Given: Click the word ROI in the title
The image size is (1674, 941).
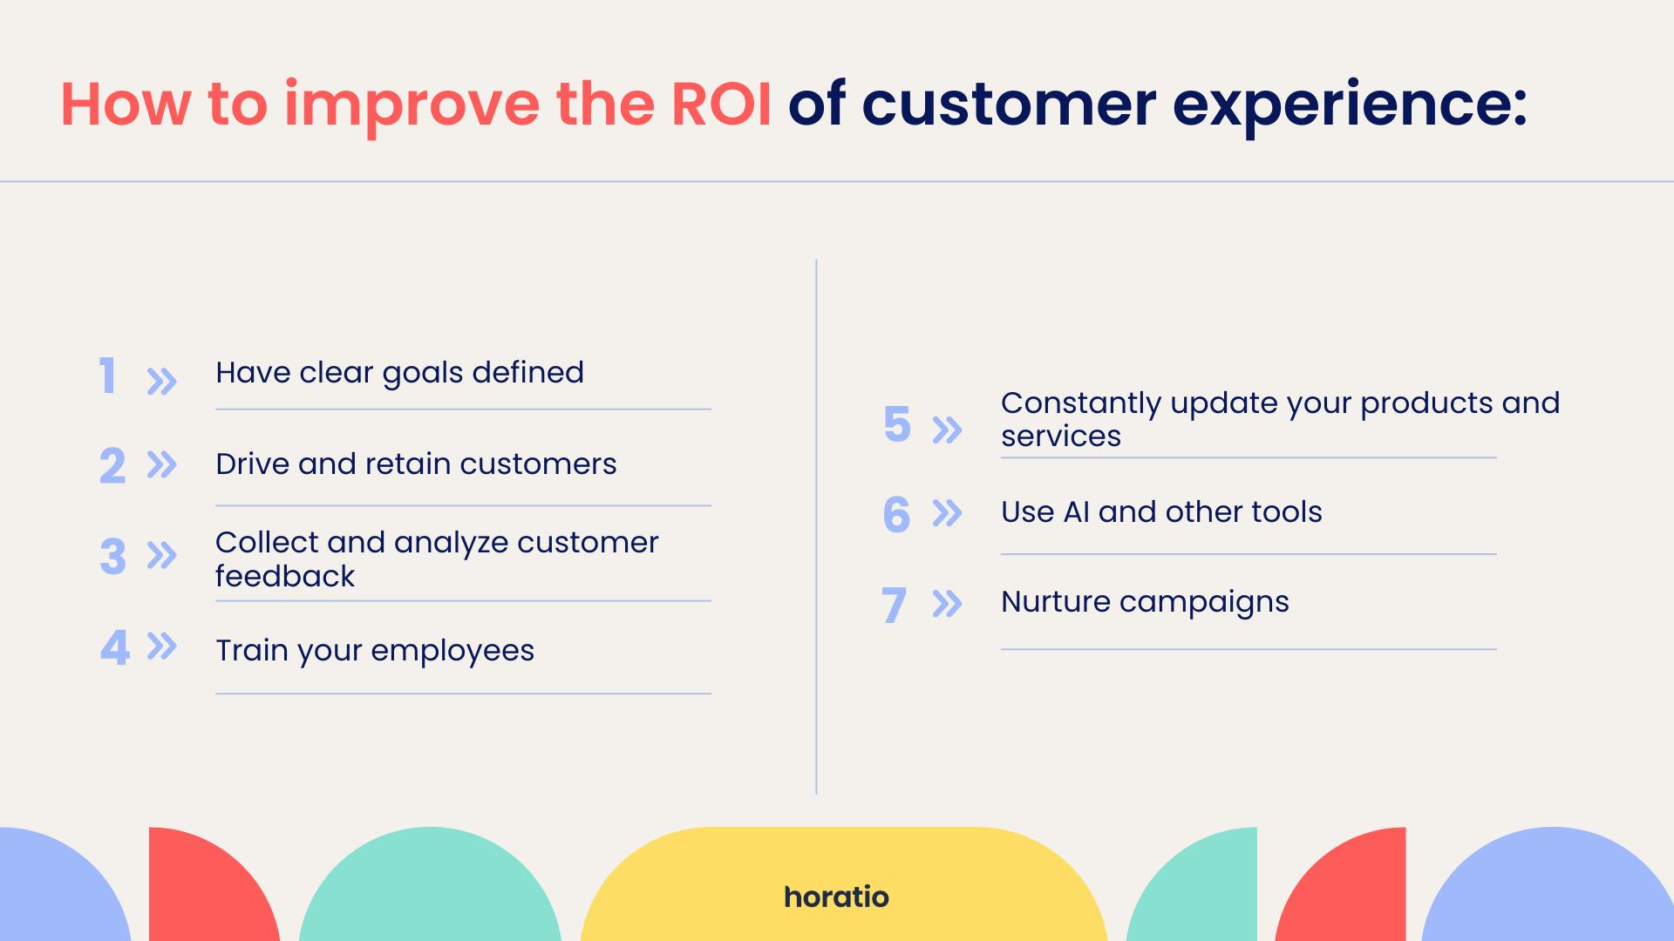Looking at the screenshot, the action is tap(721, 105).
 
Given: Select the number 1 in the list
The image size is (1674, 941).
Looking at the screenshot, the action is tap(107, 376).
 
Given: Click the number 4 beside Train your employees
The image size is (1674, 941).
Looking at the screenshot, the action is tap(114, 647).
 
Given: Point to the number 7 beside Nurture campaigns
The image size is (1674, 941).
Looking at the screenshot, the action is tap(894, 605).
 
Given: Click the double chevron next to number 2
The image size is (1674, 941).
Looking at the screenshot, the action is tap(161, 464).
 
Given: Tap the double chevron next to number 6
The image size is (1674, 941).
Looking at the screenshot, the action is tap(947, 513).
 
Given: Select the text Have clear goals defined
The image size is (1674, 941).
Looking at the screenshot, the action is tap(399, 373).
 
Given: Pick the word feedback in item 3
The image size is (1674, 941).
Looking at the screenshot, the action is tap(285, 576).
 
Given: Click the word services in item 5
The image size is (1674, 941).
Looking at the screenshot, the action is tap(1061, 437).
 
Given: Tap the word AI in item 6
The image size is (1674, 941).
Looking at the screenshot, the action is tap(1076, 511).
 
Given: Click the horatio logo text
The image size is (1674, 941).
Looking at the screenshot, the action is tap(836, 897).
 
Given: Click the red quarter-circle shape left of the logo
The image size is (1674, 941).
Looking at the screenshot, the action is tap(206, 889).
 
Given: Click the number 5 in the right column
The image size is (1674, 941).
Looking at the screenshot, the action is tap(896, 425).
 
